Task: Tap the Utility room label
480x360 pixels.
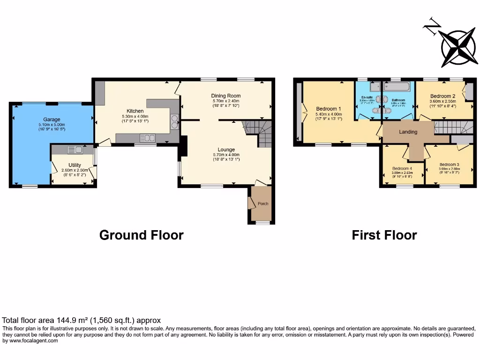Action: point(75,165)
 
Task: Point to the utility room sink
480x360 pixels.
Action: point(75,150)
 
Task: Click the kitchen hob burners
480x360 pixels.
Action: point(175,121)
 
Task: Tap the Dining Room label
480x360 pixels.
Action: point(226,96)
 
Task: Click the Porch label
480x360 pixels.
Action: point(263,203)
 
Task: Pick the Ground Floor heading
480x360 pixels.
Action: point(141,235)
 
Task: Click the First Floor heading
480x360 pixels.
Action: point(384,235)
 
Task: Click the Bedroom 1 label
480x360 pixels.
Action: point(329,108)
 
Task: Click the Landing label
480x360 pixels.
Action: point(408,132)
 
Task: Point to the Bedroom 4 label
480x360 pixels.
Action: point(402,169)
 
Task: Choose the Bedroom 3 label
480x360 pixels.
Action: point(449,165)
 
